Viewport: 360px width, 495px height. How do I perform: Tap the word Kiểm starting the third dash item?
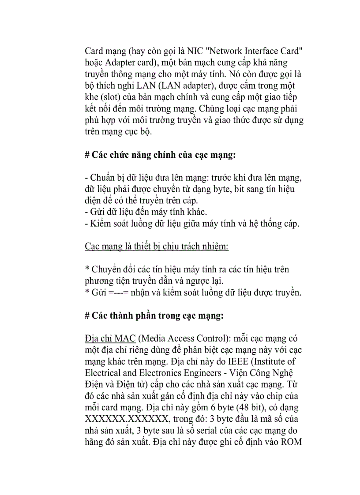[x=100, y=223]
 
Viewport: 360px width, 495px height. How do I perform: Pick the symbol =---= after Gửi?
[x=119, y=292]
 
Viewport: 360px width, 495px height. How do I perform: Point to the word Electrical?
[x=103, y=372]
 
